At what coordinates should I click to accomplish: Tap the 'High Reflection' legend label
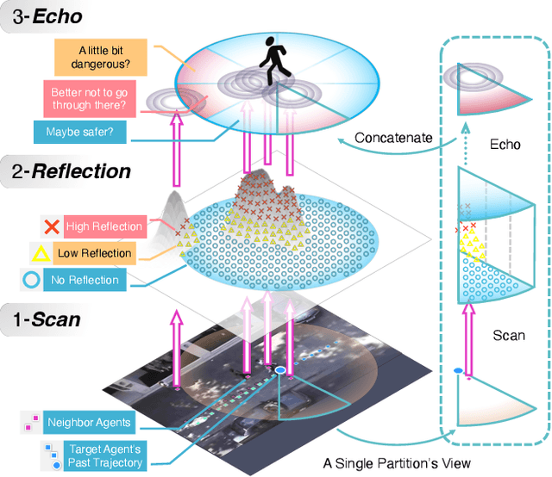coord(103,226)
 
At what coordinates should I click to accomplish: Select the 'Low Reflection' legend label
coord(95,253)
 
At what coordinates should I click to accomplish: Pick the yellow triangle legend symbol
coord(41,253)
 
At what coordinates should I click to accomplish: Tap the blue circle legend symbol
coord(31,280)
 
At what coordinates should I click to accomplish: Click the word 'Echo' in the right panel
coord(505,144)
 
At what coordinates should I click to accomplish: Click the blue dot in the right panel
coord(459,371)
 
